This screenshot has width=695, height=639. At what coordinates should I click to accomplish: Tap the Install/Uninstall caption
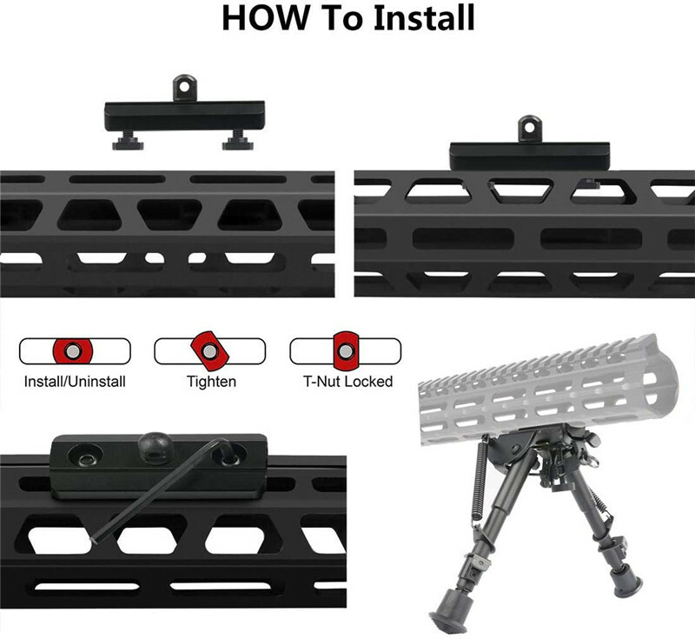pos(75,381)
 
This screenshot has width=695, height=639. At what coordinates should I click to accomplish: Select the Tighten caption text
pos(211,381)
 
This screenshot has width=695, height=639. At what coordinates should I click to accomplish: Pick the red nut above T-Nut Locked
pos(346,351)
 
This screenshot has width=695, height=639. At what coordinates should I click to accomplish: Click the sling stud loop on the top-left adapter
pos(184,85)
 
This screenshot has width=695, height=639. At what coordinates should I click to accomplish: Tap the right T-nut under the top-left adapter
pos(235,140)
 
